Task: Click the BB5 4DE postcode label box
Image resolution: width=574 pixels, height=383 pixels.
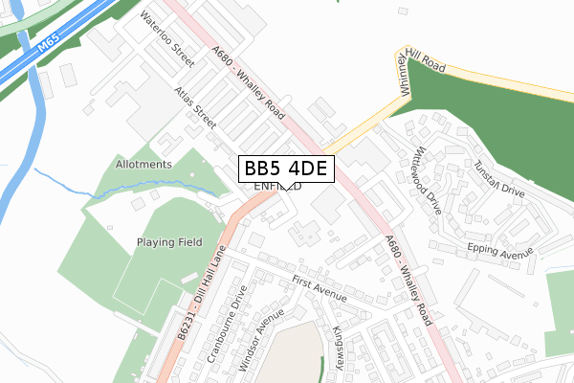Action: (286, 169)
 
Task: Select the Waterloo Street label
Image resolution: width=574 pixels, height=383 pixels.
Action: (167, 38)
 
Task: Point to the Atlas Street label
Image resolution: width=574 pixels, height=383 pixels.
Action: (195, 108)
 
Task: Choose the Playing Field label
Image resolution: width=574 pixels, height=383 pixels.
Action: (169, 242)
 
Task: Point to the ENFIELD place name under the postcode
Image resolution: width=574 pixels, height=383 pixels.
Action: (278, 186)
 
